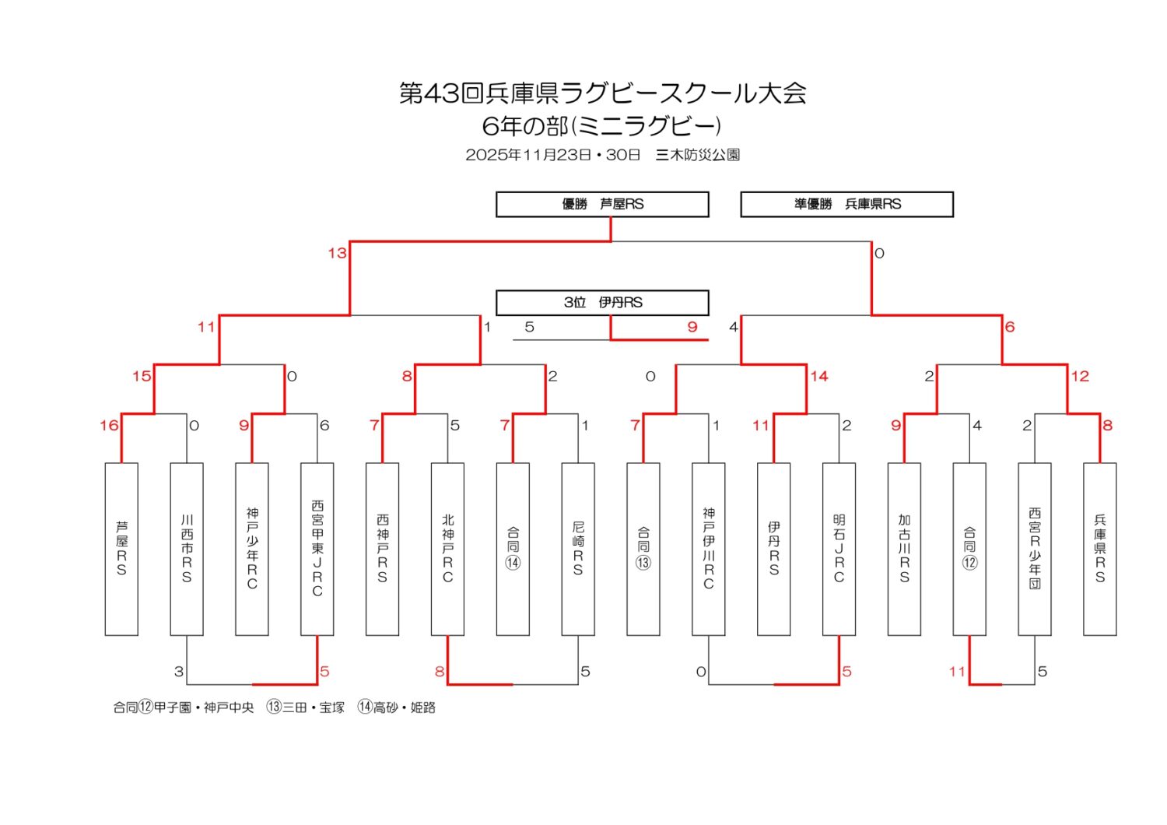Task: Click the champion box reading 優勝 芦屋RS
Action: pyautogui.click(x=602, y=204)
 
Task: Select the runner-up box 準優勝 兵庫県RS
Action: pyautogui.click(x=846, y=204)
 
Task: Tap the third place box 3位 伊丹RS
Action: pyautogui.click(x=602, y=302)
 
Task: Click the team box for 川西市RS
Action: pyautogui.click(x=187, y=549)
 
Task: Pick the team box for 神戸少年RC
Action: pyautogui.click(x=252, y=549)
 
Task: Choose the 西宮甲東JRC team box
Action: pyautogui.click(x=317, y=549)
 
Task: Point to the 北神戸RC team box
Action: pyautogui.click(x=447, y=549)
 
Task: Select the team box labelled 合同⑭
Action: pyautogui.click(x=513, y=549)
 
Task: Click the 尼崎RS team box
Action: pyautogui.click(x=578, y=549)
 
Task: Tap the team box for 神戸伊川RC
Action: pyautogui.click(x=709, y=549)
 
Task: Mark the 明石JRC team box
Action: pyautogui.click(x=839, y=549)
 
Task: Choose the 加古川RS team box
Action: pyautogui.click(x=904, y=549)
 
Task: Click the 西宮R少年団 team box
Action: pyautogui.click(x=1035, y=549)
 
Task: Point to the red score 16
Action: pyautogui.click(x=109, y=425)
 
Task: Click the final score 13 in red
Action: pyautogui.click(x=337, y=253)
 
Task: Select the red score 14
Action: pyautogui.click(x=819, y=376)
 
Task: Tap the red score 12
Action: pyautogui.click(x=1080, y=376)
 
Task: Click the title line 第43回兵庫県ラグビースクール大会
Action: pyautogui.click(x=602, y=93)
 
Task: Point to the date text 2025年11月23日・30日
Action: pyautogui.click(x=552, y=155)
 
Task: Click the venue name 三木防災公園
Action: pyautogui.click(x=698, y=155)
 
